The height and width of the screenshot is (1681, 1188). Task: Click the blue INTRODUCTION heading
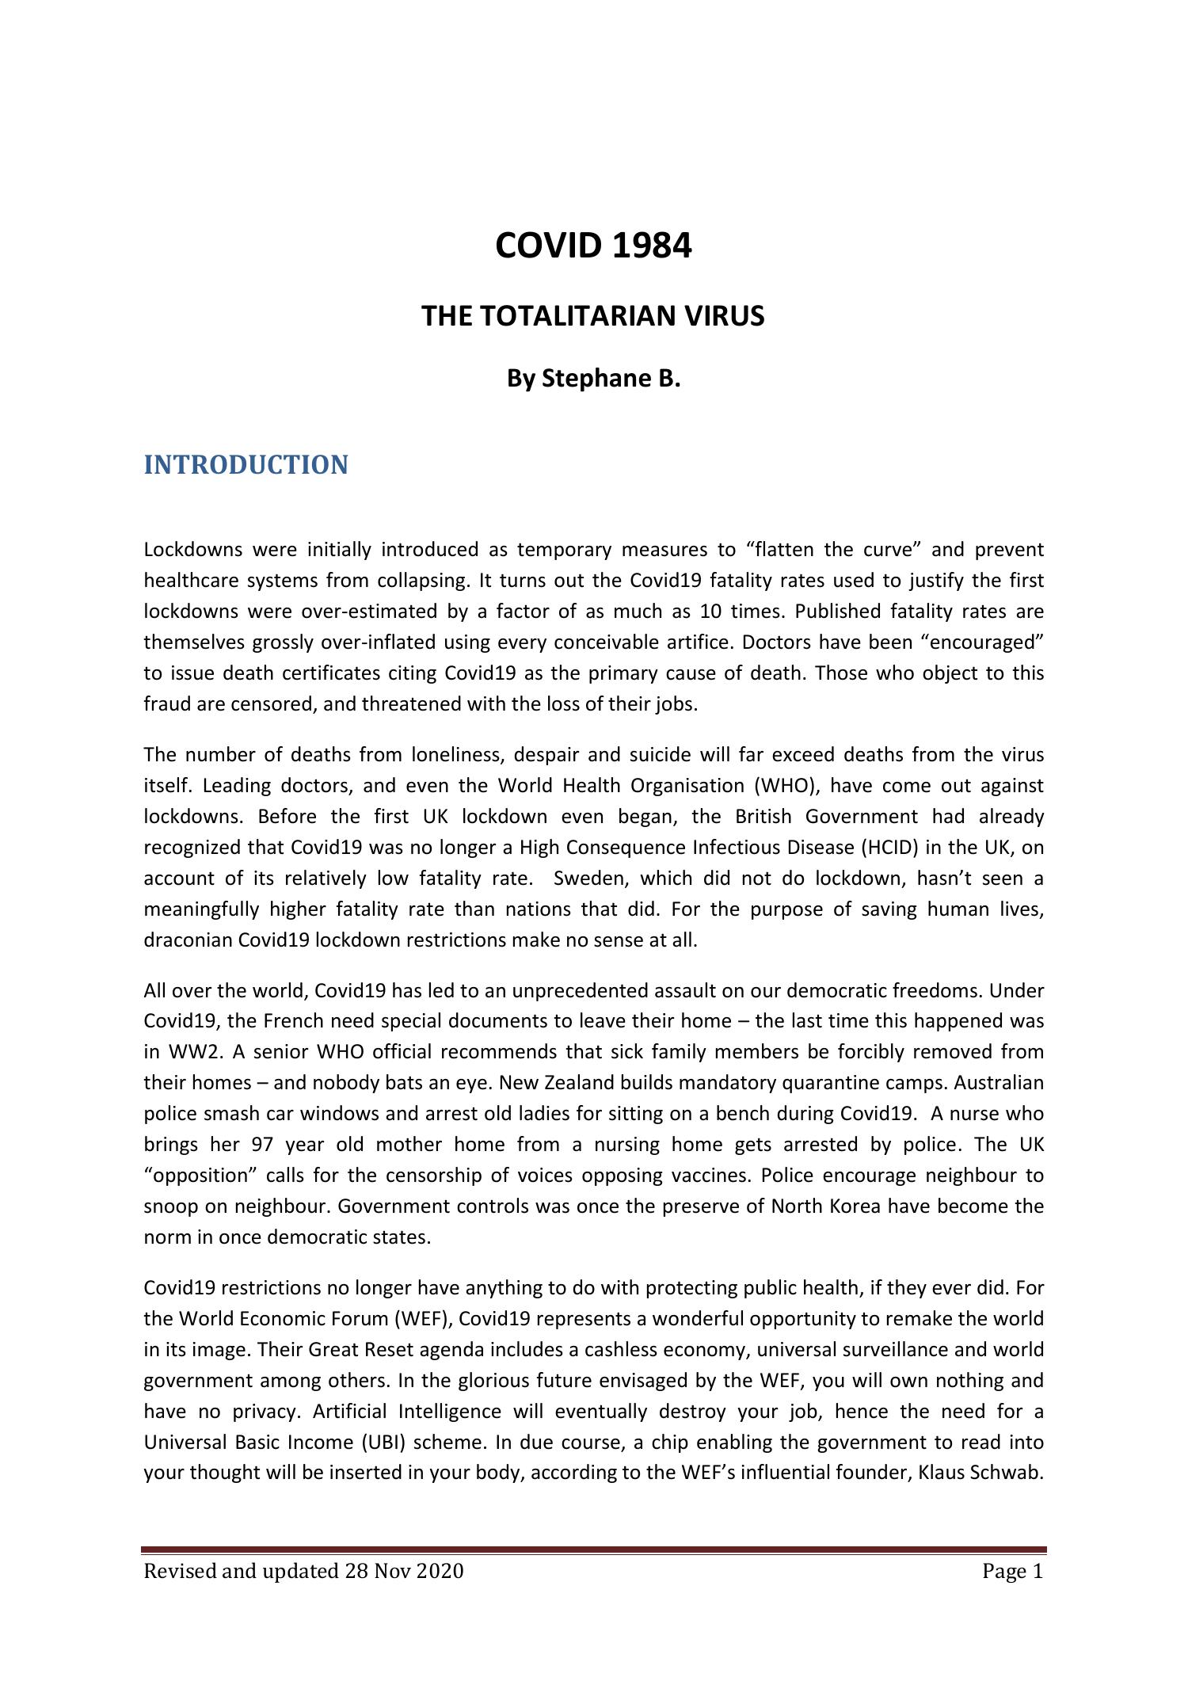coord(246,465)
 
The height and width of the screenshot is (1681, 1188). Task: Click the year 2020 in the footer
coord(440,1572)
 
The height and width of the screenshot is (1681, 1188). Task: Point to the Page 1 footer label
coord(1013,1572)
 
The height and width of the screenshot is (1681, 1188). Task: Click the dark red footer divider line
coord(594,1549)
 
